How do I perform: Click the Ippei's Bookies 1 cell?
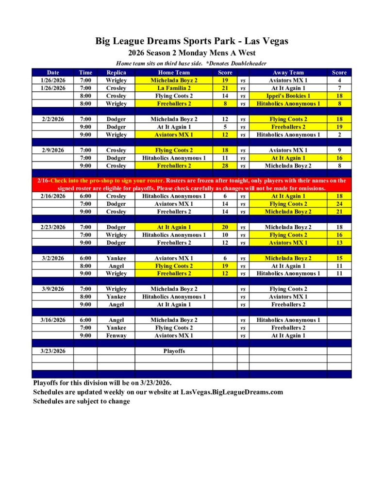288,96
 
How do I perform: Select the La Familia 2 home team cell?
174,88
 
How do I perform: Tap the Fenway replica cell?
116,335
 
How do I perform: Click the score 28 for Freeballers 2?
225,166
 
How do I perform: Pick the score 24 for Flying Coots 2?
339,204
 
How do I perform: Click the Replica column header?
116,72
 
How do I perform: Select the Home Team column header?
174,72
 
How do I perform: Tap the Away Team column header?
288,72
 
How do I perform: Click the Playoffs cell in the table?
174,351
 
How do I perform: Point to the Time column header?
85,72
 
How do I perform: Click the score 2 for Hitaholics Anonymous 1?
339,134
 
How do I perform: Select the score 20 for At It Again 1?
225,227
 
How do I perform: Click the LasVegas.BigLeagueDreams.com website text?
232,392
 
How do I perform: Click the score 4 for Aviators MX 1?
339,80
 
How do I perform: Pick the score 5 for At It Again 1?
225,127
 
